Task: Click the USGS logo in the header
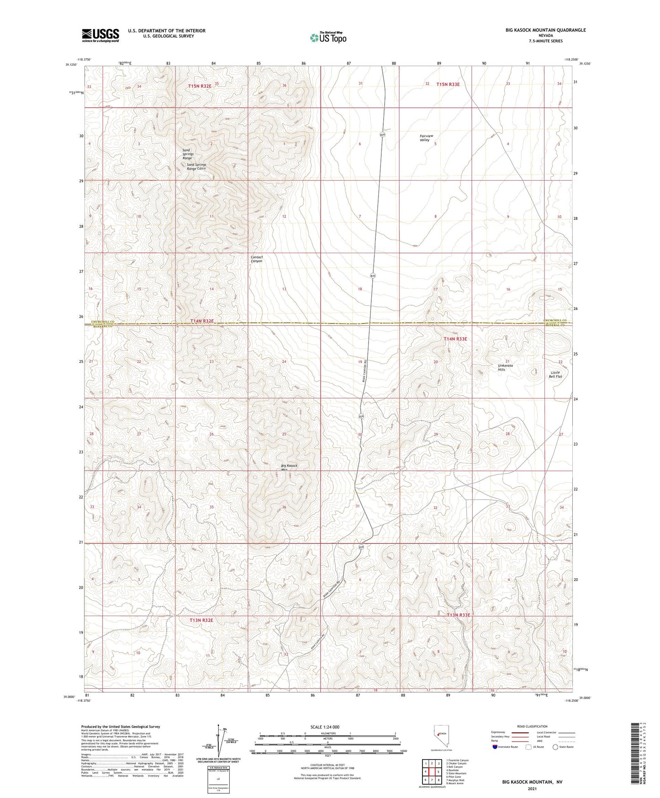[x=100, y=35]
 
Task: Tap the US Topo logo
[x=327, y=37]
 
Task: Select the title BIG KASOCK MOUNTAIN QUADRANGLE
[x=545, y=30]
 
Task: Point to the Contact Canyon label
[x=257, y=259]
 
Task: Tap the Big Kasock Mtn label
[x=289, y=468]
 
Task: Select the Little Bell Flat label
[x=555, y=374]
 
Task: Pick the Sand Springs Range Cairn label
[x=196, y=166]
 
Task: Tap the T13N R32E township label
[x=201, y=620]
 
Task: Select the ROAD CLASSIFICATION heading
[x=532, y=726]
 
